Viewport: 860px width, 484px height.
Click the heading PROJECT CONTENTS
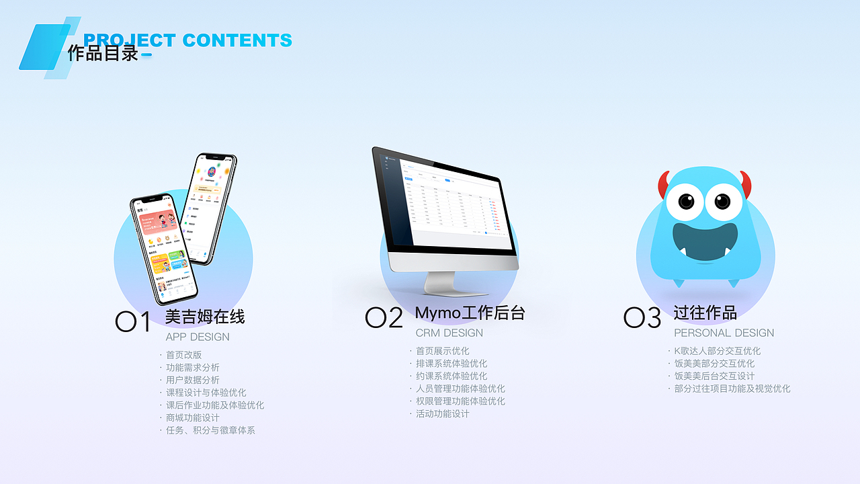pyautogui.click(x=187, y=40)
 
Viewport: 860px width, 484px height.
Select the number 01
pyautogui.click(x=133, y=322)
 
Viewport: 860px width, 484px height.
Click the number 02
pyautogui.click(x=384, y=318)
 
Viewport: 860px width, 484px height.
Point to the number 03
pyautogui.click(x=642, y=318)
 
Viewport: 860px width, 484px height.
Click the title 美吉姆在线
pyautogui.click(x=205, y=317)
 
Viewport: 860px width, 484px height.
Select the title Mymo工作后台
pyautogui.click(x=470, y=313)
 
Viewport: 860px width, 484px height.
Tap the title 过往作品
pyautogui.click(x=705, y=313)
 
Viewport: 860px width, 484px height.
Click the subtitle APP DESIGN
pyautogui.click(x=198, y=337)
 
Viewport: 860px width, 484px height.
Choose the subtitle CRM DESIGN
pyautogui.click(x=449, y=333)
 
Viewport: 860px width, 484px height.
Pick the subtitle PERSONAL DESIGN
pyautogui.click(x=724, y=333)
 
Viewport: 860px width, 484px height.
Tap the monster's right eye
pyautogui.click(x=722, y=201)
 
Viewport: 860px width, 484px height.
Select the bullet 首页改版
pyautogui.click(x=183, y=355)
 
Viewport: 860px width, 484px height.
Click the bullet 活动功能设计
pyautogui.click(x=442, y=413)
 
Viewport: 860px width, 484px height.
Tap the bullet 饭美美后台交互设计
pyautogui.click(x=714, y=376)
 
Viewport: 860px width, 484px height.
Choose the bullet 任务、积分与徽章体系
pyautogui.click(x=210, y=430)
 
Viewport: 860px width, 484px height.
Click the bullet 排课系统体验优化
pyautogui.click(x=451, y=364)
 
